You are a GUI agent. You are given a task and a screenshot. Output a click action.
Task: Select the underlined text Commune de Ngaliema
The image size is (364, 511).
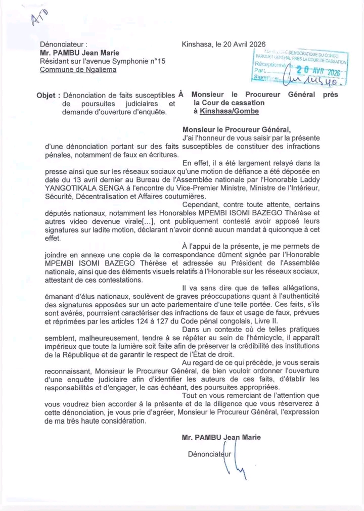tap(78, 70)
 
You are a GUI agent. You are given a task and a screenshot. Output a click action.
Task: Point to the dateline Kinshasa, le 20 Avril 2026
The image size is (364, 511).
tap(223, 44)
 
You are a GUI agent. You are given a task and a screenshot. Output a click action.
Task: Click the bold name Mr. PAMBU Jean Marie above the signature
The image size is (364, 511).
tap(221, 437)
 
